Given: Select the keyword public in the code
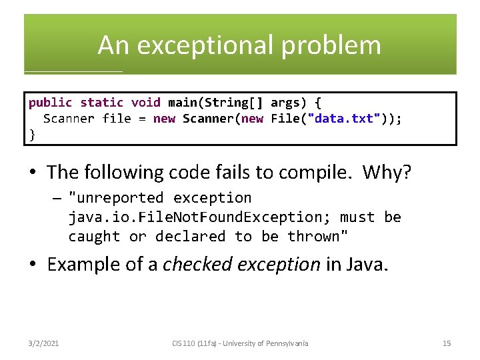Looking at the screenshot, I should pyautogui.click(x=50, y=103).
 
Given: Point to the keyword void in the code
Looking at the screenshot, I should pyautogui.click(x=145, y=103).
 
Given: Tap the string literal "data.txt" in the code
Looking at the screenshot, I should pyautogui.click(x=343, y=119).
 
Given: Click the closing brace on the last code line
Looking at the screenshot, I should pyautogui.click(x=32, y=134).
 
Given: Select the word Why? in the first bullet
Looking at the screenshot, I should pyautogui.click(x=387, y=173).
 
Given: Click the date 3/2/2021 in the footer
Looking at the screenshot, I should pyautogui.click(x=44, y=343).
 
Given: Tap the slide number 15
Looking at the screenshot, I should pyautogui.click(x=447, y=343).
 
